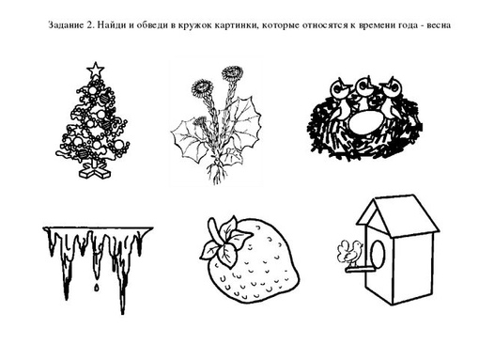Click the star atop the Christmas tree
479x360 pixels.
(x=96, y=70)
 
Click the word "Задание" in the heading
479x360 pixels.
(x=66, y=25)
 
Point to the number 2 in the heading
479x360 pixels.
(x=90, y=25)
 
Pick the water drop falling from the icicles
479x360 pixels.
(x=97, y=287)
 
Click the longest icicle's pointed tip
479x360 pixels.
(x=123, y=313)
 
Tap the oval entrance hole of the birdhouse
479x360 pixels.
(x=378, y=254)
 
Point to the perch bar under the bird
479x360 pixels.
(x=360, y=269)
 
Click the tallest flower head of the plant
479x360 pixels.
(x=232, y=73)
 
